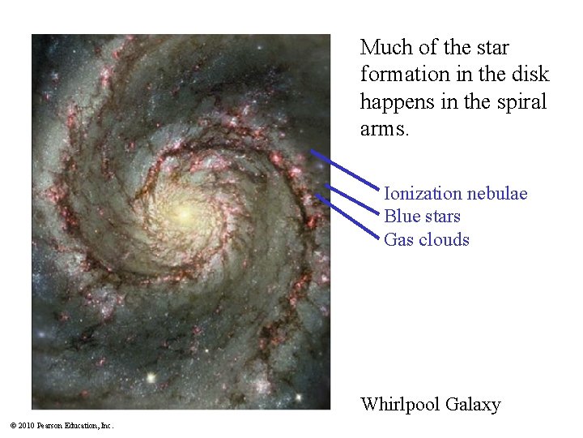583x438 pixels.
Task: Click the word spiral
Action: [x=519, y=102]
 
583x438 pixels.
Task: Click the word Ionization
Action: [x=423, y=194]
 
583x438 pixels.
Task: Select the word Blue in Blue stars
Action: [x=400, y=217]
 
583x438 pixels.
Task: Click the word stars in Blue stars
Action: [x=440, y=217]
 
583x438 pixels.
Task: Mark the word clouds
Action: [x=444, y=239]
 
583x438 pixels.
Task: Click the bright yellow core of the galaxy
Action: [x=181, y=213]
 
